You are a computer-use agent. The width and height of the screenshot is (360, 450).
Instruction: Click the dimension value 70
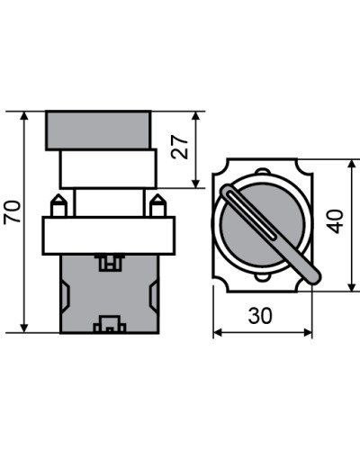[x=13, y=211]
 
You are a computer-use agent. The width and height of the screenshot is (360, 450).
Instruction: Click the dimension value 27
[x=179, y=147]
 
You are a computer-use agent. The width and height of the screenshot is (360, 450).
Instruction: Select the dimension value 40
[x=335, y=221]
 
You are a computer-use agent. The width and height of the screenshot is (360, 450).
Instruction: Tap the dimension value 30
[x=260, y=316]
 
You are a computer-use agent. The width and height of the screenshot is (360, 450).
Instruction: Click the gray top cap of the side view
[x=98, y=130]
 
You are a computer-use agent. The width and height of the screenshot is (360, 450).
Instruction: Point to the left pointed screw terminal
[x=58, y=205]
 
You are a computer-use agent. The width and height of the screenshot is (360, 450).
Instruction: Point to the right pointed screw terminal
[x=157, y=205]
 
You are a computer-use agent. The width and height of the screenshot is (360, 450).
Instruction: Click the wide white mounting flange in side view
[x=109, y=236]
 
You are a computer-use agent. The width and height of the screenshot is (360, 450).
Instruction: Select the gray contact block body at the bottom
[x=110, y=294]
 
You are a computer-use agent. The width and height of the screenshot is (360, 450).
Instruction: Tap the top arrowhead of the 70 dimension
[x=24, y=116]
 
